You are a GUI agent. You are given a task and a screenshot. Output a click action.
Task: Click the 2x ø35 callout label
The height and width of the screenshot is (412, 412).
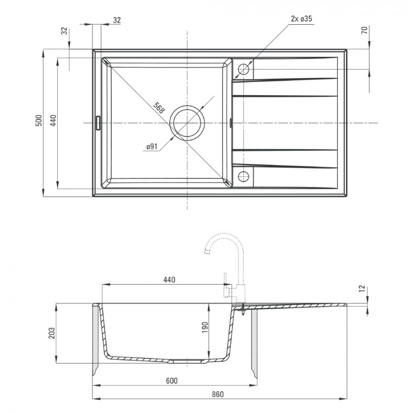pos(301,19)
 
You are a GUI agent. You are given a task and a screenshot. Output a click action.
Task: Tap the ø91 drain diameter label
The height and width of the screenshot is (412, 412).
pos(152,146)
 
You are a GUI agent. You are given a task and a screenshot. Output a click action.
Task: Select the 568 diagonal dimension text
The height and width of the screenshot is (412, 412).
pos(159,108)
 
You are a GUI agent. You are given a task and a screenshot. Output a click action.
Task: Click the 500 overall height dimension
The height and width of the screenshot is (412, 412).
pos(38,120)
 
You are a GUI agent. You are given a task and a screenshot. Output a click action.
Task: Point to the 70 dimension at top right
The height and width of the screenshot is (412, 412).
pos(364,30)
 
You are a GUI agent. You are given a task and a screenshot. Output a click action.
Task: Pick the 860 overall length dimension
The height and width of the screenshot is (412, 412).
pos(218,394)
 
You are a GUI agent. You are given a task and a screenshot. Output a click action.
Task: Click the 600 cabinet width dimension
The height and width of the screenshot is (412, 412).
pos(172,381)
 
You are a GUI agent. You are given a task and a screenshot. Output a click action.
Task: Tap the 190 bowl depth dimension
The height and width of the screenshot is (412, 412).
pos(205,327)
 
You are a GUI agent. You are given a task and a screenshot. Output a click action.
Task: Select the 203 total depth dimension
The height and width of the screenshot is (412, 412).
pos(52,333)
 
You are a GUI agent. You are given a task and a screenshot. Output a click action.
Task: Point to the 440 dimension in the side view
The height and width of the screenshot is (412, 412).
pos(169,280)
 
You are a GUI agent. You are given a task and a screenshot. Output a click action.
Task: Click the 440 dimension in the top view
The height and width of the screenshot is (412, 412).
pos(54,120)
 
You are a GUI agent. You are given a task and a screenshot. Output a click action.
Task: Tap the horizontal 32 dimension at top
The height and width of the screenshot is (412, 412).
pos(117,20)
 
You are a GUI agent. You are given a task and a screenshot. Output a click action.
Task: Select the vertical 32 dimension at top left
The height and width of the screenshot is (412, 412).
pos(65,31)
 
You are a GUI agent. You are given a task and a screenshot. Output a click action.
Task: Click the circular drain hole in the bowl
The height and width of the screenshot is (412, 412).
pos(187,123)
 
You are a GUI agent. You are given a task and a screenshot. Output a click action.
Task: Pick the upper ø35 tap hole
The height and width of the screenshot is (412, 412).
pos(244,70)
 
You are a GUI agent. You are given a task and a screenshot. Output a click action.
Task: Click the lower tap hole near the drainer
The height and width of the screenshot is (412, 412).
pos(244,176)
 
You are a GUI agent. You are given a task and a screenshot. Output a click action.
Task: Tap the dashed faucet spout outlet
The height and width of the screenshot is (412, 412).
pos(207,251)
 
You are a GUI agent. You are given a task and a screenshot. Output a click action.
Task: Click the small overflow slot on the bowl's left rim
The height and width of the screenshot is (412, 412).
pos(98,123)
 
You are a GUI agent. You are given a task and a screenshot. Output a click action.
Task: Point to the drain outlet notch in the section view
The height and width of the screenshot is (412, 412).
pos(171,362)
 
